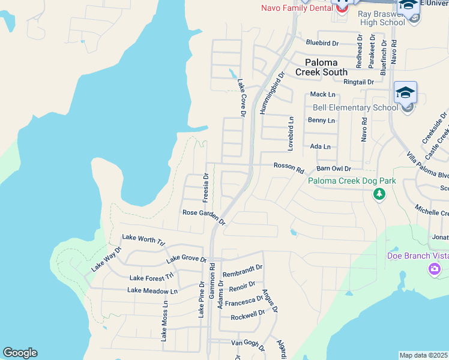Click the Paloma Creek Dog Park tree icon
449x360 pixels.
tap(379, 194)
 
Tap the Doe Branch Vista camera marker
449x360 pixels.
tap(434, 268)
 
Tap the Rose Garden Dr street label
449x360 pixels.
tap(204, 217)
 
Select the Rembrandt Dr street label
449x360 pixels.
tap(243, 271)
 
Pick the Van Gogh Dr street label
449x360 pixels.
tap(248, 343)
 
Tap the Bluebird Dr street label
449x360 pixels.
tap(322, 43)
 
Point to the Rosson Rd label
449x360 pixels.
tap(289, 167)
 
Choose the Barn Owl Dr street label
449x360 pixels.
tap(333, 169)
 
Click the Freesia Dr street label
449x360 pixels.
tap(206, 187)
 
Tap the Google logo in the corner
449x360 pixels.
tap(20, 353)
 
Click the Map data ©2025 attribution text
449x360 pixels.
tap(423, 355)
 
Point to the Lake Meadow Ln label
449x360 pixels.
tap(152, 290)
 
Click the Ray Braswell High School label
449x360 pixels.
tap(382, 18)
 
